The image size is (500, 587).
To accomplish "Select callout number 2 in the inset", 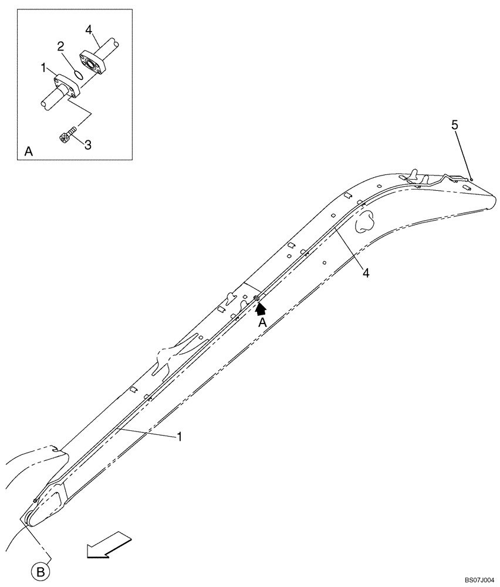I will coord(60,46).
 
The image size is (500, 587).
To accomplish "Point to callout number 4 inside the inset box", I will coord(88,29).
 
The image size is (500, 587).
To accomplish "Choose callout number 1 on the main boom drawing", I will coord(180,437).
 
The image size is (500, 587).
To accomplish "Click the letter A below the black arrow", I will coord(263,323).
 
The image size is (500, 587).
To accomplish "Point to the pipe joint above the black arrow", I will coord(256,299).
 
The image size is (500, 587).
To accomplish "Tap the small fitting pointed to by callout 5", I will coord(471,179).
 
